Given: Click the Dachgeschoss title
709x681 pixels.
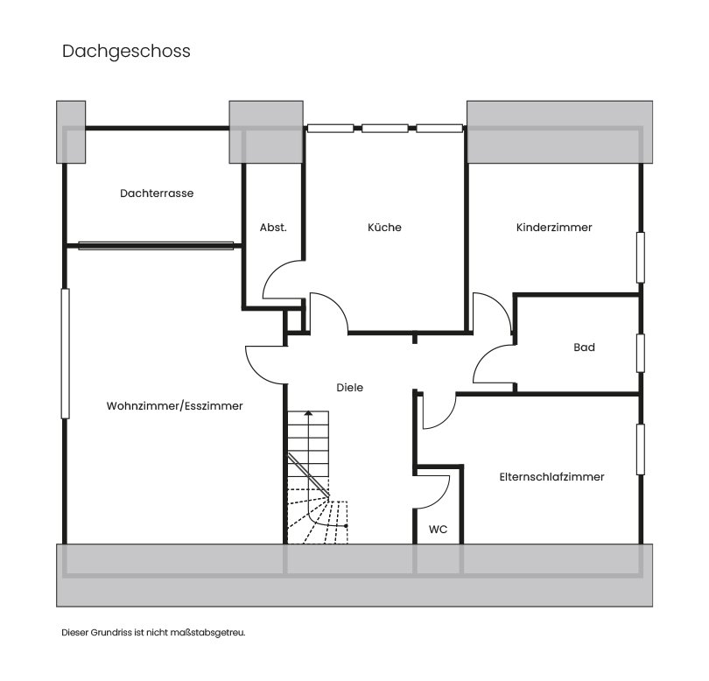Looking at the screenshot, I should (x=126, y=52).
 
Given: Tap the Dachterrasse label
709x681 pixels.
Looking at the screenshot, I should (x=157, y=193).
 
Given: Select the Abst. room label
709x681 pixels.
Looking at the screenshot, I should (x=273, y=228).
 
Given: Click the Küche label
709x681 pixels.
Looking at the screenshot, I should (x=384, y=228).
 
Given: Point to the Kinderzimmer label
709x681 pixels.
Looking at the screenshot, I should (x=554, y=228).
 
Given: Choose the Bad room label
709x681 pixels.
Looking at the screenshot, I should (x=584, y=348).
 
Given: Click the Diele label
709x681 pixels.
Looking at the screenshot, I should (x=349, y=387).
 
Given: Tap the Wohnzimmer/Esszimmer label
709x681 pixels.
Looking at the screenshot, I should (x=174, y=406).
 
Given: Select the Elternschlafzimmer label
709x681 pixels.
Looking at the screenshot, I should (x=551, y=477).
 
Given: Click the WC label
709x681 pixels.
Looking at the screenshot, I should (x=439, y=530).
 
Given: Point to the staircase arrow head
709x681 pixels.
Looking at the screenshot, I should (x=308, y=413).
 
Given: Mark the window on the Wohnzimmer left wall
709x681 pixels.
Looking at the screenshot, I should (x=64, y=353).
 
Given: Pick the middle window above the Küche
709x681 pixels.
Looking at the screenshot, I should (x=385, y=128).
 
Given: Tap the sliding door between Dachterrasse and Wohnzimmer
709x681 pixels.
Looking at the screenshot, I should (x=157, y=246).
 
